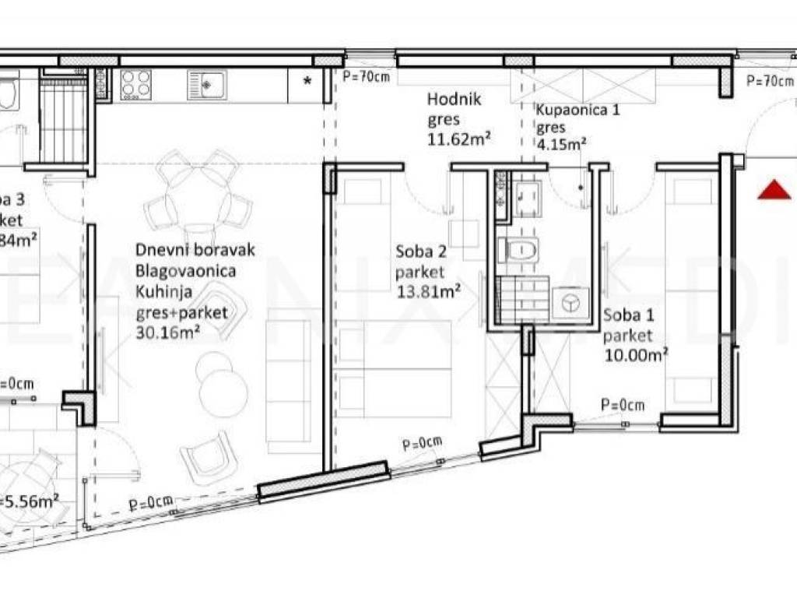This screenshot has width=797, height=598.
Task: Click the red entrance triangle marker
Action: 774,189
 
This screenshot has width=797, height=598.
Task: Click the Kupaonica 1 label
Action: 578,110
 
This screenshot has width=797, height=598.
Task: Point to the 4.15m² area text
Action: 560,144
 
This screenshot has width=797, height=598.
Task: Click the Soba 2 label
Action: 421,252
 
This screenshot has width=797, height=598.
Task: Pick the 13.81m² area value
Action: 428,292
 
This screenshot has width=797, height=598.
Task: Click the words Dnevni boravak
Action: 195,250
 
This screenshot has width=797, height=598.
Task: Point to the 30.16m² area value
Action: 170,333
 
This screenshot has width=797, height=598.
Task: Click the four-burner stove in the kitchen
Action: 136,84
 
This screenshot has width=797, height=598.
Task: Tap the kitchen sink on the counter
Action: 206,84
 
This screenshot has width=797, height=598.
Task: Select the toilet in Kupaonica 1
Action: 518,250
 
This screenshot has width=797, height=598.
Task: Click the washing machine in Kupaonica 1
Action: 571,304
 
